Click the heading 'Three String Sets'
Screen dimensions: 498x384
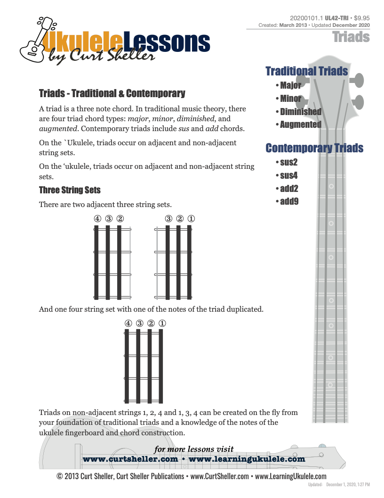70,190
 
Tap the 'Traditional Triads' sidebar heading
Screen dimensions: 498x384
306,71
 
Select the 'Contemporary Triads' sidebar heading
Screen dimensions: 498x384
314,148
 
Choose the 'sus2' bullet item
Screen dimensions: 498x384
288,163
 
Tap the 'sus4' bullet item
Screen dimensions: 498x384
288,176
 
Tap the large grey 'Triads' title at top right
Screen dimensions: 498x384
351,37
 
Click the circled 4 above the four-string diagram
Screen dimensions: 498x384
128,324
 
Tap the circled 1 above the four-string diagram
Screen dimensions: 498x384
162,324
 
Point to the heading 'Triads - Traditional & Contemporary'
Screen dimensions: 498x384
112,93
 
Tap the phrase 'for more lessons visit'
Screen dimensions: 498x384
194,449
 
